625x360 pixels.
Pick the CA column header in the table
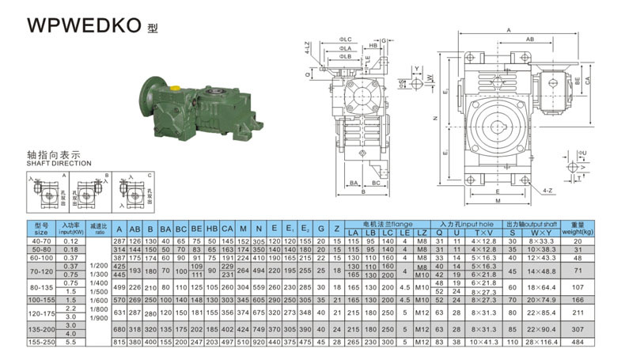(x=227, y=229)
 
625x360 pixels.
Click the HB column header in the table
(x=211, y=229)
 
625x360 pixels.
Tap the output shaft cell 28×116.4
(x=542, y=341)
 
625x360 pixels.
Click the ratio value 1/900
(x=98, y=316)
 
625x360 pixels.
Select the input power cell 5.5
(x=70, y=341)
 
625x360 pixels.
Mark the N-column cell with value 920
(x=258, y=341)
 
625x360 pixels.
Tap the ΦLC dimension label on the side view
(x=347, y=40)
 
